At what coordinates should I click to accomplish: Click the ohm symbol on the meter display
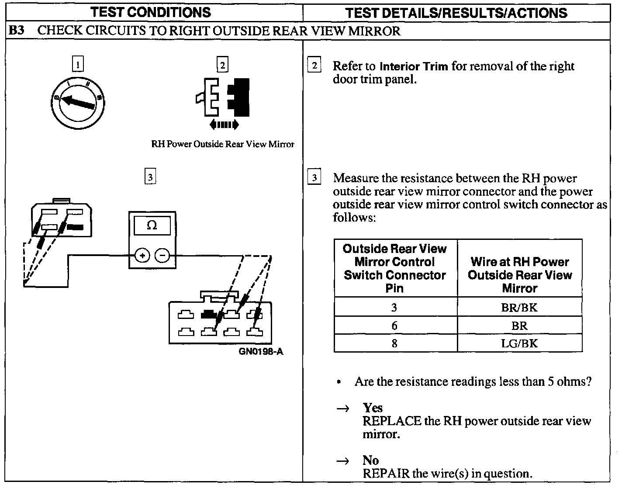152,225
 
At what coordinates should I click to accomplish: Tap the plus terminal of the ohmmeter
142,255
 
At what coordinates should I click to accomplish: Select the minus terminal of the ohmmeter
162,255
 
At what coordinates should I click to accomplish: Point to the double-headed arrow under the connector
224,125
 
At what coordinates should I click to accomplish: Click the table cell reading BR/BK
519,307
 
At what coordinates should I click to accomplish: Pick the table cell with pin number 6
394,326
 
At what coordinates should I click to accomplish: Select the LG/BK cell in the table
519,343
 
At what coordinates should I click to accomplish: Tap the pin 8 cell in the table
394,343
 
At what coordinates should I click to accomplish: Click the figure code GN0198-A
261,351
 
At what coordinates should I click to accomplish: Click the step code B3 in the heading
16,31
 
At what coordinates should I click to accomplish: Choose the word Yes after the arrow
373,408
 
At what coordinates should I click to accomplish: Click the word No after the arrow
370,460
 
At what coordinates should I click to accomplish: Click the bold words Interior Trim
414,67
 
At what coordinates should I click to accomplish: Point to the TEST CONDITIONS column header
151,12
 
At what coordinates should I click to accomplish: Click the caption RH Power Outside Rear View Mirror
223,144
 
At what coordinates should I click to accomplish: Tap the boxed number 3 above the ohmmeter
150,177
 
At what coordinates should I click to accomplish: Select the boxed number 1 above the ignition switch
78,65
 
